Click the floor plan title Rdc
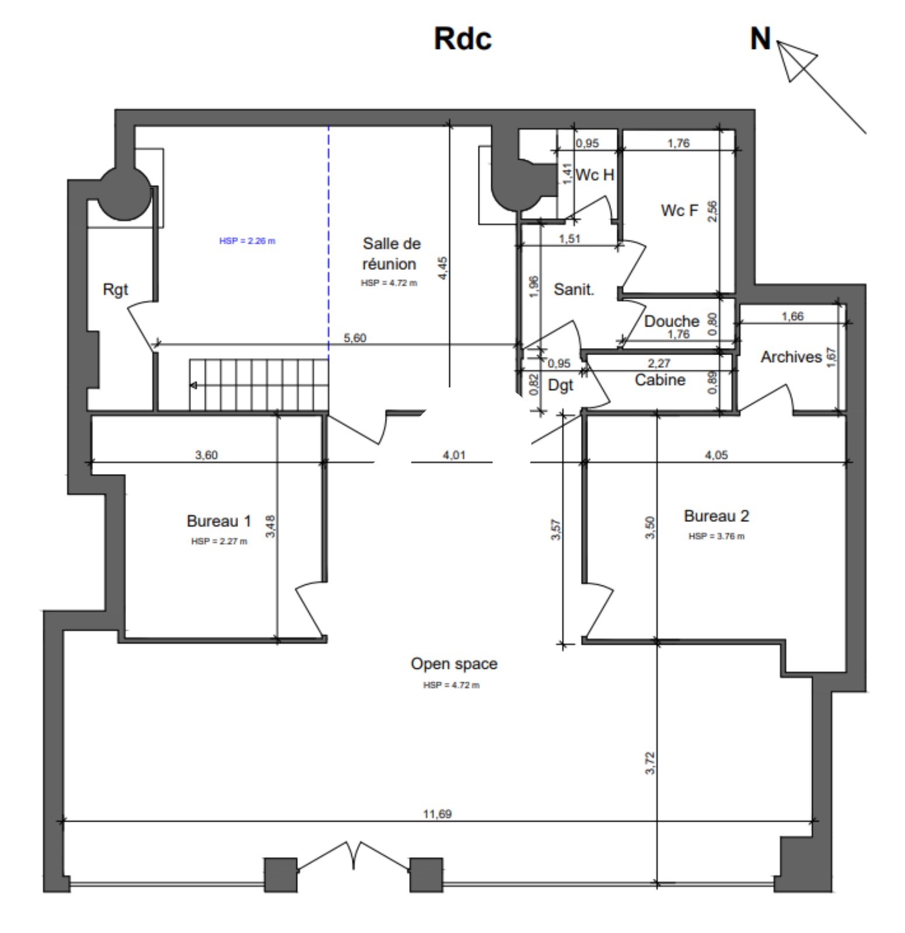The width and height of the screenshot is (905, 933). pos(463,39)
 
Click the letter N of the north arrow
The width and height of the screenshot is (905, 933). pos(760,38)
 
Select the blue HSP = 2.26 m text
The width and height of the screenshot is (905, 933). pos(247,241)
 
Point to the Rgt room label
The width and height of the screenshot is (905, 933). pos(115,290)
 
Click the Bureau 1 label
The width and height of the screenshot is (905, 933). pos(219,521)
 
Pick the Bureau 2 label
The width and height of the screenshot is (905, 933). pos(716,516)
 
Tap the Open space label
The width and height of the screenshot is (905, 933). pos(454,664)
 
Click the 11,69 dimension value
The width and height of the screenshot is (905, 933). pos(438,814)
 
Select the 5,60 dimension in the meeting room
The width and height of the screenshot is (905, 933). pos(355,338)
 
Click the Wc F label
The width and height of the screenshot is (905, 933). pos(679,211)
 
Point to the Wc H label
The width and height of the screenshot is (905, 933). pos(595,175)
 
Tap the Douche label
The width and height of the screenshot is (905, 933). pos(672,321)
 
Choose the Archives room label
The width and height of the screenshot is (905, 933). pos(791,357)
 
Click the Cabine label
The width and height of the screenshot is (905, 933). pos(660,380)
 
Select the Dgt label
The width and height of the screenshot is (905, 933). pos(561,385)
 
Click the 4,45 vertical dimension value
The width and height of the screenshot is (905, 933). pos(443,268)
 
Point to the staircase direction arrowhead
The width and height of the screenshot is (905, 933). pos(193,385)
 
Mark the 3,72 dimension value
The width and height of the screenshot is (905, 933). pos(651,763)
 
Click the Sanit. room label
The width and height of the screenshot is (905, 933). pos(574,289)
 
